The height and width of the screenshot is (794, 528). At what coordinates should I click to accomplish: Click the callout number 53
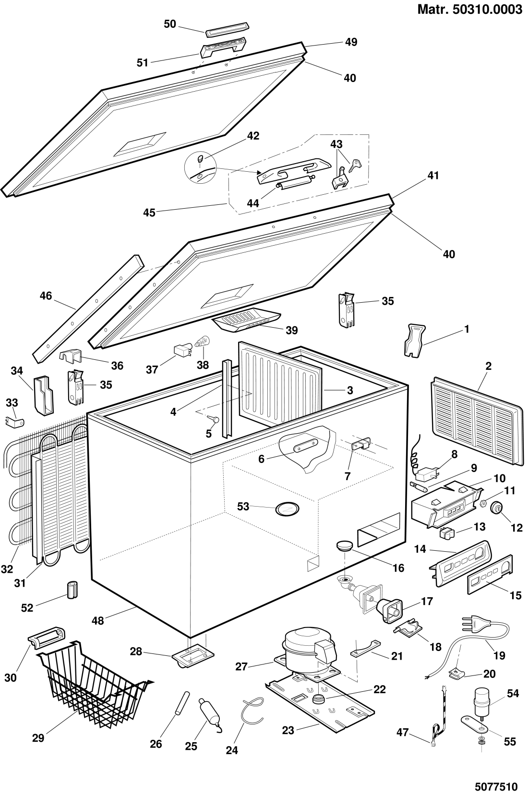[x=243, y=507]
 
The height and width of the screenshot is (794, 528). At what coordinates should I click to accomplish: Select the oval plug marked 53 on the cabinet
[x=287, y=509]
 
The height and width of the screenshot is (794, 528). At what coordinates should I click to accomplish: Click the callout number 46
[x=46, y=296]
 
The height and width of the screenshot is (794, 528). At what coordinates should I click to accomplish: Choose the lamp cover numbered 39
[x=246, y=320]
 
